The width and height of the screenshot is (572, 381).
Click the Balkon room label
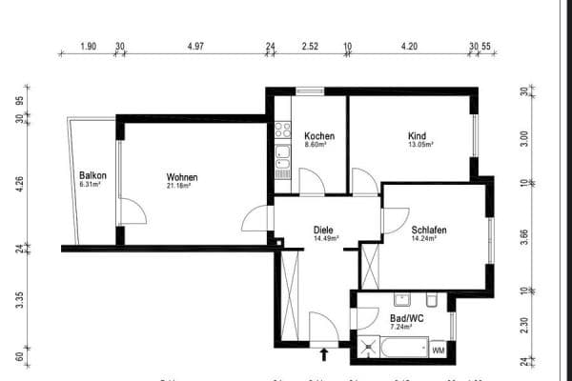[92, 176]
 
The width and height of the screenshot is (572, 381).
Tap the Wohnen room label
[181, 177]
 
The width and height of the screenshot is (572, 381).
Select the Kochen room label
[317, 136]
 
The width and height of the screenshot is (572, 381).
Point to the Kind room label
[419, 135]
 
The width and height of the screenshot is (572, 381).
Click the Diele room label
[324, 230]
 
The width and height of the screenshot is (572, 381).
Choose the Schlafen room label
[429, 230]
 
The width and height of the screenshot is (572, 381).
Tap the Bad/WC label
[406, 317]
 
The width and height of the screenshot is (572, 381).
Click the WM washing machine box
[439, 351]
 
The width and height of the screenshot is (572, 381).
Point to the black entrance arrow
[324, 355]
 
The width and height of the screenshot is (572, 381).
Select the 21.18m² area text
[179, 188]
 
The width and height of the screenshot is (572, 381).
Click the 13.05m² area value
[420, 146]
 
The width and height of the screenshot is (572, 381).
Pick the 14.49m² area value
[326, 240]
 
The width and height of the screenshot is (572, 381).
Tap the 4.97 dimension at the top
[195, 46]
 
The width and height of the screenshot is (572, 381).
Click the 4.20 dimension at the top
[410, 46]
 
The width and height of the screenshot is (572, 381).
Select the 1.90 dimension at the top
[88, 46]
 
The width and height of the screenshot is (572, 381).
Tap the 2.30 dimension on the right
[523, 324]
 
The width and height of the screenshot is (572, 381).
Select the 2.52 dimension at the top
[309, 46]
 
